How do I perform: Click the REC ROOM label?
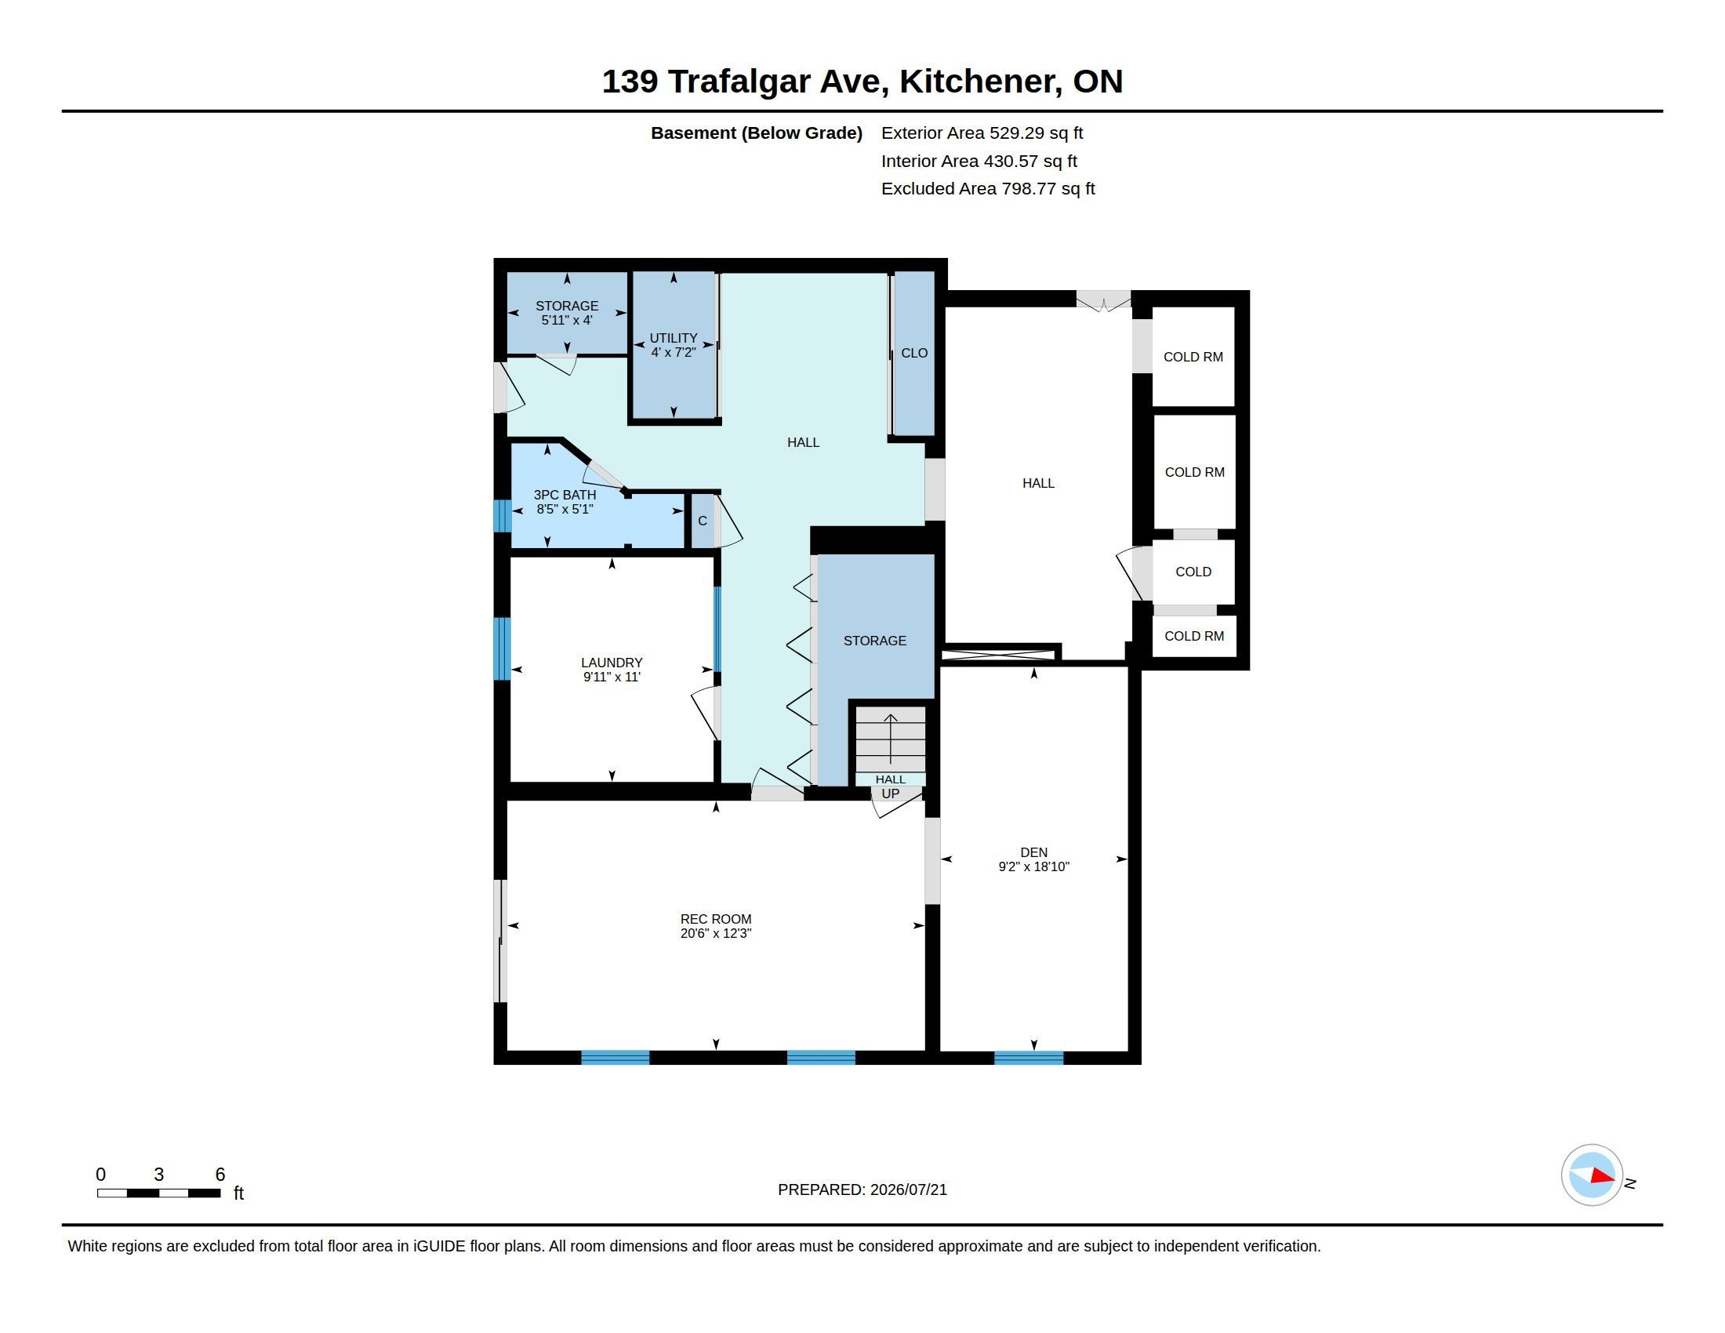pyautogui.click(x=716, y=918)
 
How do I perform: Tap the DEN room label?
pyautogui.click(x=1034, y=852)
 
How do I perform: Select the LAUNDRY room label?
pyautogui.click(x=612, y=663)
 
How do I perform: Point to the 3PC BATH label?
pyautogui.click(x=565, y=495)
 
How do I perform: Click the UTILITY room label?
pyautogui.click(x=674, y=338)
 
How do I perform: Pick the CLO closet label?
pyautogui.click(x=913, y=353)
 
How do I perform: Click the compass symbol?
pyautogui.click(x=1592, y=1175)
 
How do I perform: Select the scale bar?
pyautogui.click(x=158, y=1193)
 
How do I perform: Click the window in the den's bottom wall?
pyautogui.click(x=1029, y=1058)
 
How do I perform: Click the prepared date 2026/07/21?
pyautogui.click(x=908, y=1190)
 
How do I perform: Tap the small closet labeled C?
pyautogui.click(x=703, y=521)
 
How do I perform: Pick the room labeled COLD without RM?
pyautogui.click(x=1193, y=572)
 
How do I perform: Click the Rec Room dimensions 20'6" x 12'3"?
pyautogui.click(x=716, y=933)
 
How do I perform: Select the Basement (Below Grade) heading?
pyautogui.click(x=756, y=133)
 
